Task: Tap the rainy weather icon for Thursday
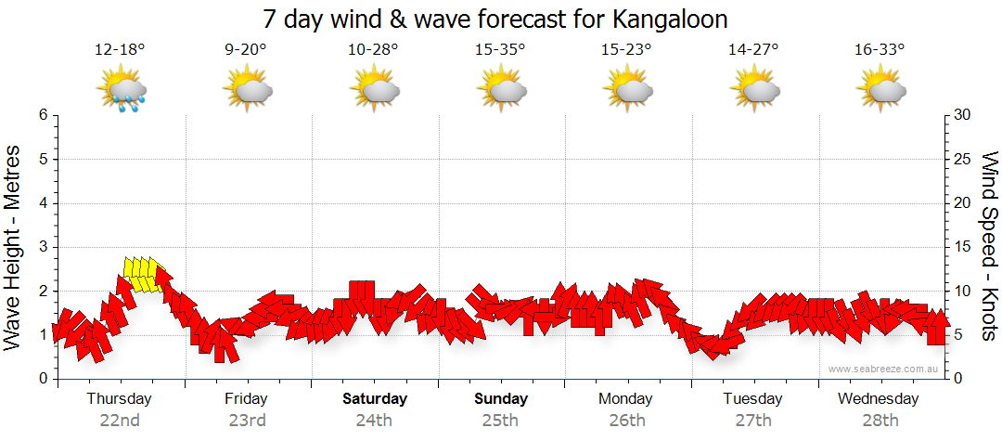122,91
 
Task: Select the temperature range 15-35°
499,50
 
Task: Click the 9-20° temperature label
246,50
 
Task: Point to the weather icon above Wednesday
880,90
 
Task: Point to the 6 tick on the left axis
42,115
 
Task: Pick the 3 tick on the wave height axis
42,247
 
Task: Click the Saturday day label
375,399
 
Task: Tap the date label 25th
499,420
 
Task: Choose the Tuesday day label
753,399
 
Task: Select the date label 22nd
120,420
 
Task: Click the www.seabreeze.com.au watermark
884,369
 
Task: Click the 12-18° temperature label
120,50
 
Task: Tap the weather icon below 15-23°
627,90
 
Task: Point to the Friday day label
246,399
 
